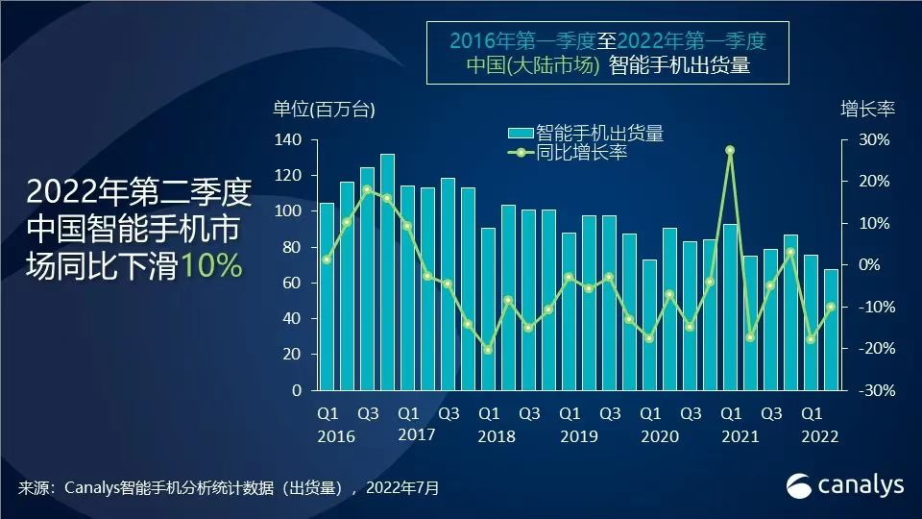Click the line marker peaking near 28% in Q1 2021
(730, 150)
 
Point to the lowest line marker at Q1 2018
(488, 350)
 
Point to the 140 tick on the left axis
(290, 140)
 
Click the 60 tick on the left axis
(294, 283)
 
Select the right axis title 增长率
(867, 109)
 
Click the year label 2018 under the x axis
(495, 436)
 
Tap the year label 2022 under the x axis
(817, 436)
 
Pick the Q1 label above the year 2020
(650, 414)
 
